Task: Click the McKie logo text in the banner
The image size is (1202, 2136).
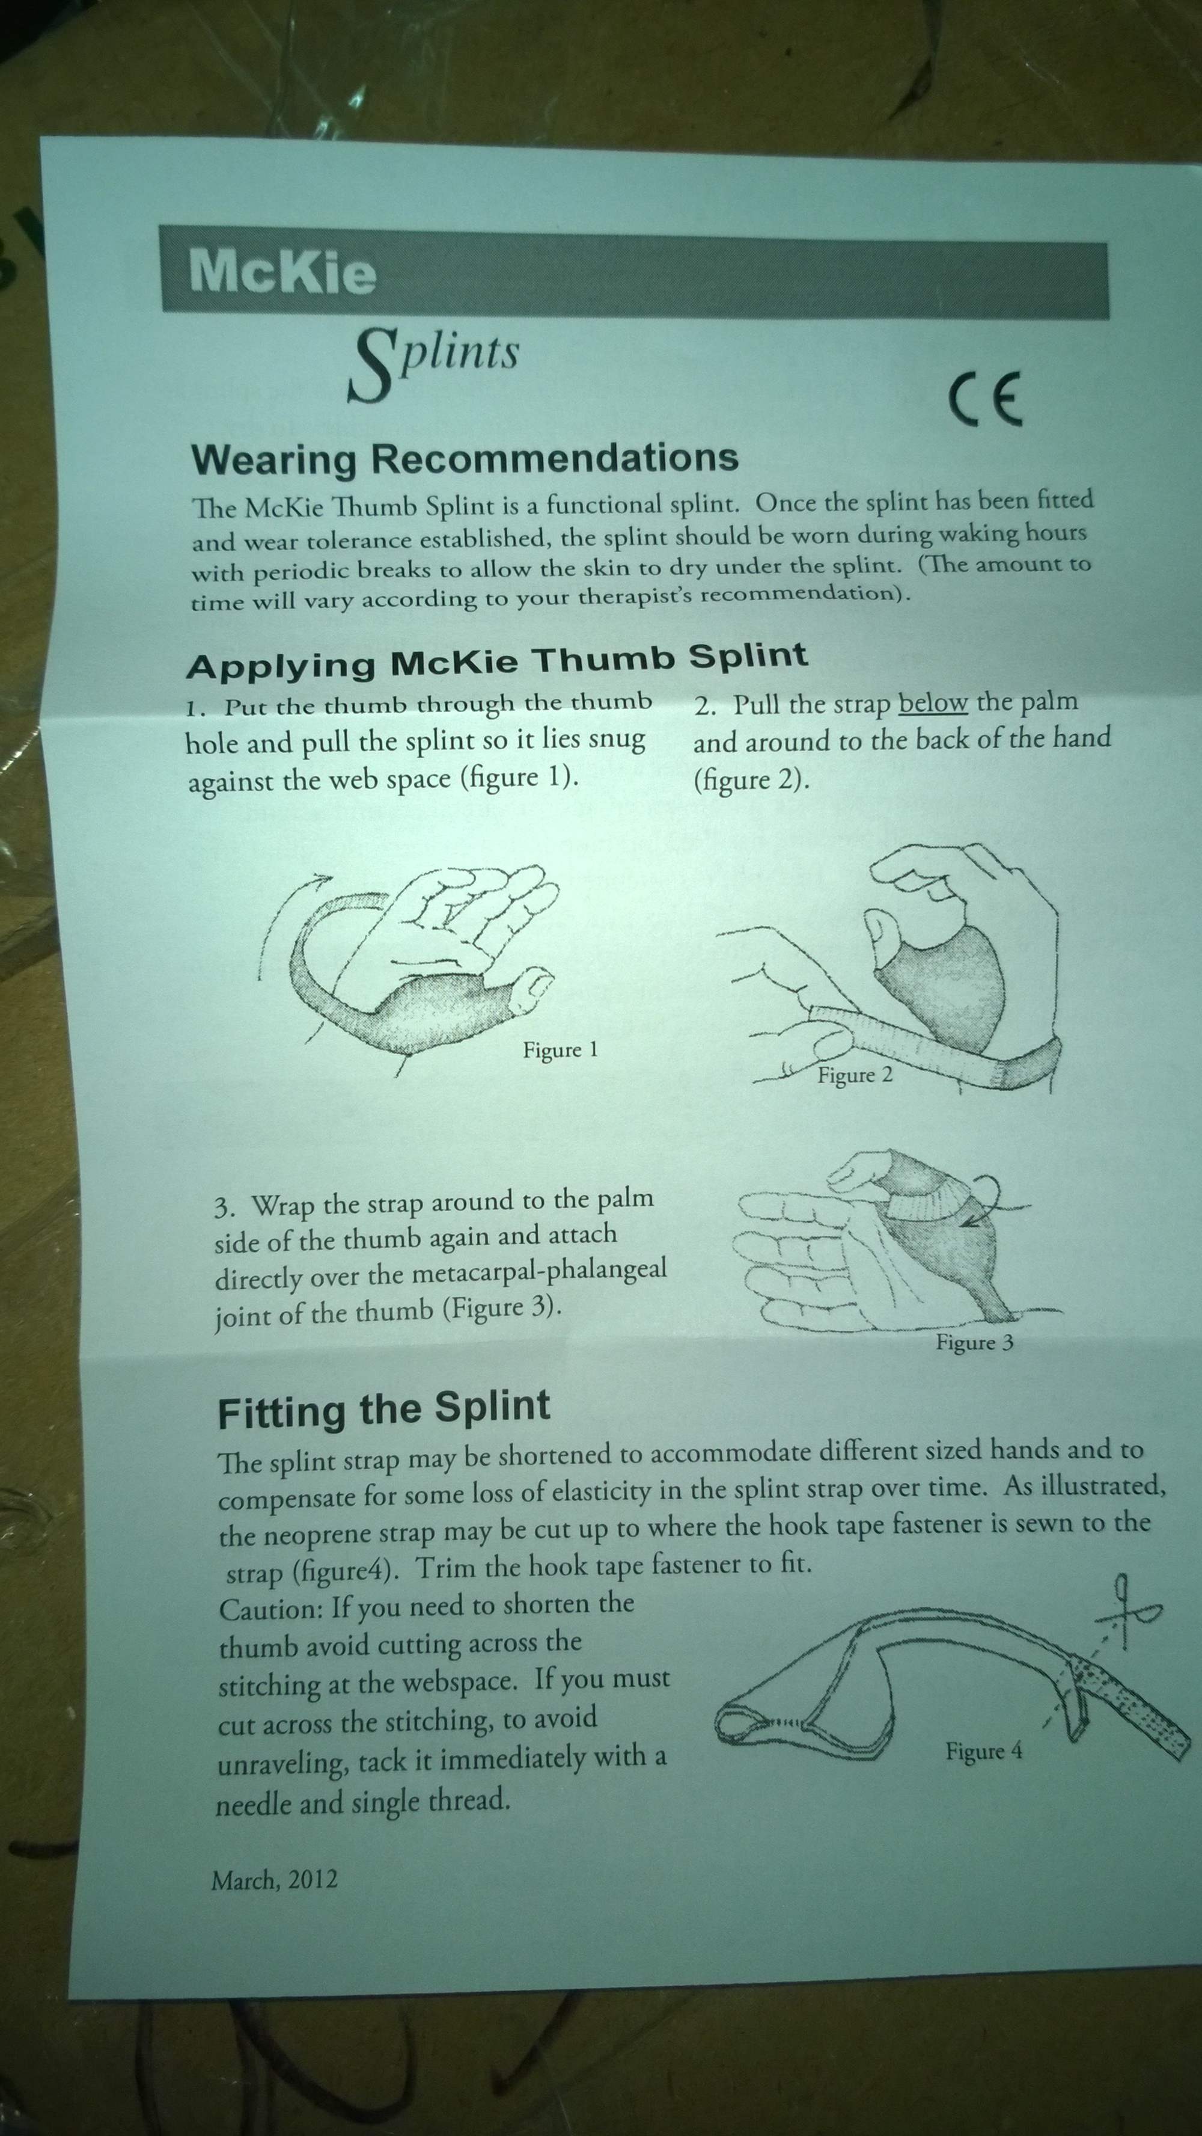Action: click(x=282, y=271)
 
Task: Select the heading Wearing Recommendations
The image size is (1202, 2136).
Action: click(x=465, y=459)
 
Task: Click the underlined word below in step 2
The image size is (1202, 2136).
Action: click(x=933, y=703)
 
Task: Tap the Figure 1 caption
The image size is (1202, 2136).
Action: click(x=560, y=1050)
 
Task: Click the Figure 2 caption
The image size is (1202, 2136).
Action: click(x=855, y=1075)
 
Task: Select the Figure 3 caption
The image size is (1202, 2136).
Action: click(x=975, y=1342)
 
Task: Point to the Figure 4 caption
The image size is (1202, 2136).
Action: click(x=984, y=1751)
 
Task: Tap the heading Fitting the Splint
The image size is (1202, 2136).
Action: click(x=384, y=1410)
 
